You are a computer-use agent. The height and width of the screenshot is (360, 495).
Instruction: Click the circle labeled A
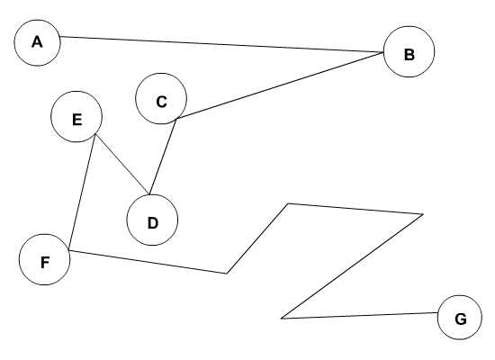[37, 43]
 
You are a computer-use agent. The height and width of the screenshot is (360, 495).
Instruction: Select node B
[409, 52]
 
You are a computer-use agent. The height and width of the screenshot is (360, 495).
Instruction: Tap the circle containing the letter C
[161, 98]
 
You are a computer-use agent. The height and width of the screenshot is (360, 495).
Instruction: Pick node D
[152, 220]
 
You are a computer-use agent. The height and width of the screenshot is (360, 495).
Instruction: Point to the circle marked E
[76, 116]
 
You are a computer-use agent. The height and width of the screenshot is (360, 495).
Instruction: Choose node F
[44, 259]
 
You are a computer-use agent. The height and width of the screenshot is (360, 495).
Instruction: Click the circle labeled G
[460, 318]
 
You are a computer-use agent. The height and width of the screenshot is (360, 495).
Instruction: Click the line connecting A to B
[222, 44]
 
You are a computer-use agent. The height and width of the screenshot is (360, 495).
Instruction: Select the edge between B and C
[280, 85]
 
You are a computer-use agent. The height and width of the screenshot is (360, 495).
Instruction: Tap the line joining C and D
[163, 157]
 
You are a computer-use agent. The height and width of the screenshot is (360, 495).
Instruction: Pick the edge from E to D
[121, 164]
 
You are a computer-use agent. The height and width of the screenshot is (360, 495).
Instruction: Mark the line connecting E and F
[82, 193]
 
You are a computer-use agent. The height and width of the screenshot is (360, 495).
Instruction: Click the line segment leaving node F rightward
[148, 262]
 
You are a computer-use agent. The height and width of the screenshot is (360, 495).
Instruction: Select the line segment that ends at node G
[360, 316]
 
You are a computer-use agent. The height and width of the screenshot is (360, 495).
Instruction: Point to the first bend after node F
[227, 274]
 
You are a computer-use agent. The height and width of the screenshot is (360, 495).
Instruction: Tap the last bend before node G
[282, 319]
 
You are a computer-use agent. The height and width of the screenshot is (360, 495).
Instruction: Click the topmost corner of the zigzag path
[288, 203]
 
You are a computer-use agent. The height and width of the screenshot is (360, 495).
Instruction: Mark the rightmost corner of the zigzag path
[423, 214]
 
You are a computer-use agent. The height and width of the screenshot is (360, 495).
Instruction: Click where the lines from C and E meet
[149, 194]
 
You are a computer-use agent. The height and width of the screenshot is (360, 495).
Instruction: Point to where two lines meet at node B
[383, 52]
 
